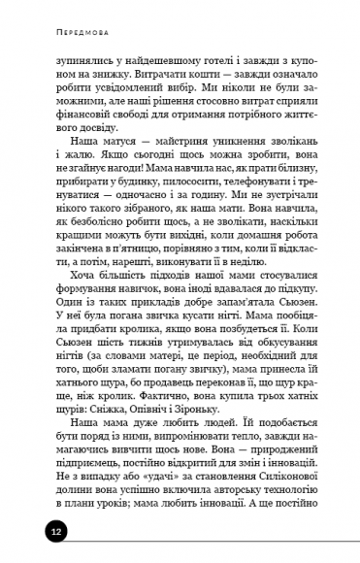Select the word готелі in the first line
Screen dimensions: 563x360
190,61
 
